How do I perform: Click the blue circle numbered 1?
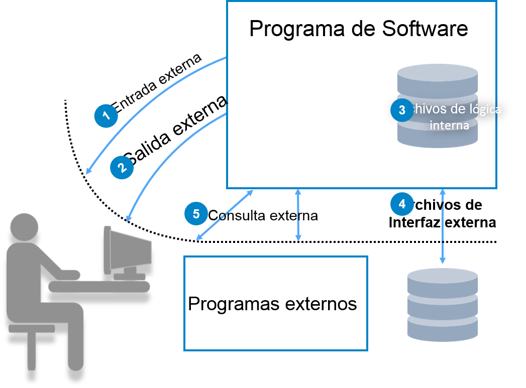click(x=106, y=116)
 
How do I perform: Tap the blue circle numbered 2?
click(x=122, y=167)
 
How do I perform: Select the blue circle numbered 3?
click(x=402, y=110)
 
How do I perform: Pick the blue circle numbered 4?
click(x=402, y=204)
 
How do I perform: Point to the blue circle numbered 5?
click(x=196, y=214)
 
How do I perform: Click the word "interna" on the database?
click(x=449, y=125)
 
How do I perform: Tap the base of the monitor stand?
click(x=129, y=277)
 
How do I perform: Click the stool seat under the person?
click(x=32, y=328)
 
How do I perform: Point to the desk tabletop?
click(x=99, y=286)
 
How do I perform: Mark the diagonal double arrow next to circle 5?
click(x=225, y=215)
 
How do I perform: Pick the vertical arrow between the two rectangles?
click(x=298, y=214)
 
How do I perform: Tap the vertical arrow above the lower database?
click(x=443, y=226)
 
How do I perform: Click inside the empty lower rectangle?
click(x=276, y=303)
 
